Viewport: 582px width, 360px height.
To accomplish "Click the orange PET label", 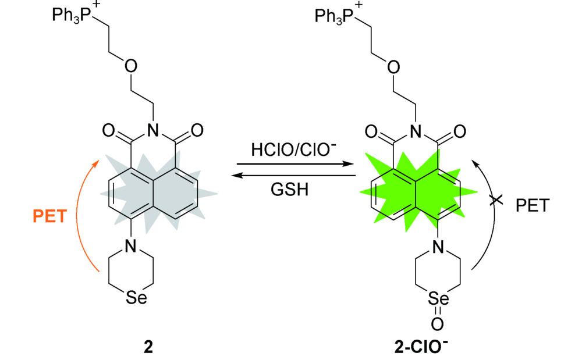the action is [x=49, y=216].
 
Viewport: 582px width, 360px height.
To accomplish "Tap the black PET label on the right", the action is [x=533, y=205].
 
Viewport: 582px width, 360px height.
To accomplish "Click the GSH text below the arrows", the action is [x=289, y=189].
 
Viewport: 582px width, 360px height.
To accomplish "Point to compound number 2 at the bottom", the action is [x=148, y=347].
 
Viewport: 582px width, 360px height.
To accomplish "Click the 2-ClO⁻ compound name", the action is [x=421, y=346].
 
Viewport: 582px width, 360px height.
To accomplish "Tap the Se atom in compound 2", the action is [x=137, y=297].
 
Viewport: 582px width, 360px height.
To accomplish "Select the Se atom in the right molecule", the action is [x=438, y=298].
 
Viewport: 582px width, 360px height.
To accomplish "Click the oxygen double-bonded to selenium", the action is [x=437, y=324].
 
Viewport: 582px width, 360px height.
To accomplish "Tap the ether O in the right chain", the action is [x=393, y=67].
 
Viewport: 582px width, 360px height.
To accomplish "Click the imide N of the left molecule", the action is [x=152, y=130].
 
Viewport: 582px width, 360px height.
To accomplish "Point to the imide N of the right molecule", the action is [x=416, y=131].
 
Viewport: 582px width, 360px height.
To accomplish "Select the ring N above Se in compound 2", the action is [x=130, y=245].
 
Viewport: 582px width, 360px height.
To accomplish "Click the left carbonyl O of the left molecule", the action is [x=108, y=130].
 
